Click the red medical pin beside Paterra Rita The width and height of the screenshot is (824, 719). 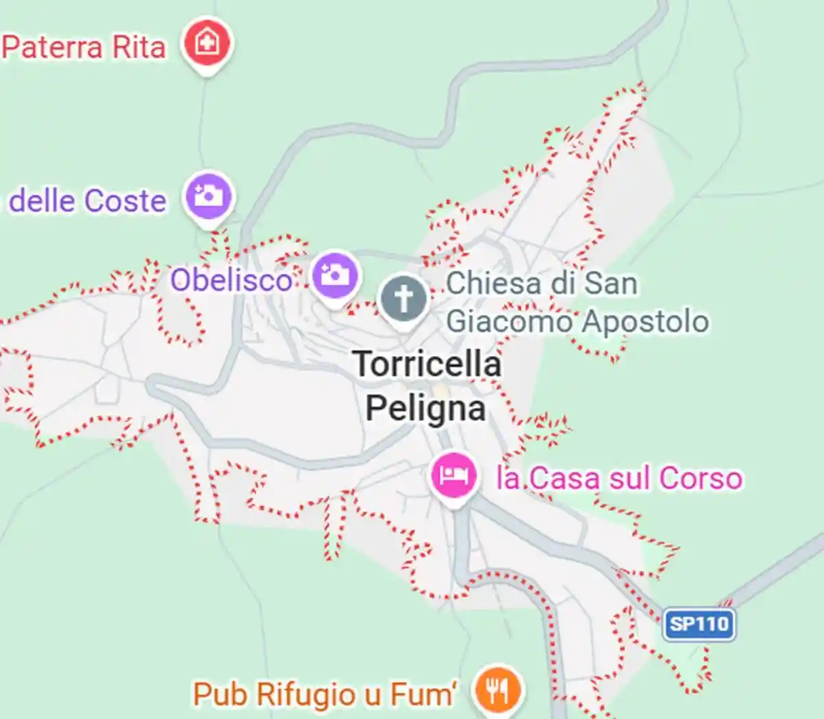207,44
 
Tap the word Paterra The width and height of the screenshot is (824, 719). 53,48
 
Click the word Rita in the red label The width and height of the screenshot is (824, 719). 139,48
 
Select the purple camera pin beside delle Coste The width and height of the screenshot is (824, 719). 208,197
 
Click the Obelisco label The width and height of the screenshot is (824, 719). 231,280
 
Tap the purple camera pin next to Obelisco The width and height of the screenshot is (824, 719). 335,275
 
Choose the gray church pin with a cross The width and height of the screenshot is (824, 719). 403,299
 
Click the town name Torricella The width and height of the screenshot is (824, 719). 427,364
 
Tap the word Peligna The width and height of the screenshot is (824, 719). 425,408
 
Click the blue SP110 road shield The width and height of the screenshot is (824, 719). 699,625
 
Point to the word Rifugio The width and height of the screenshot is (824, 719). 305,694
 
